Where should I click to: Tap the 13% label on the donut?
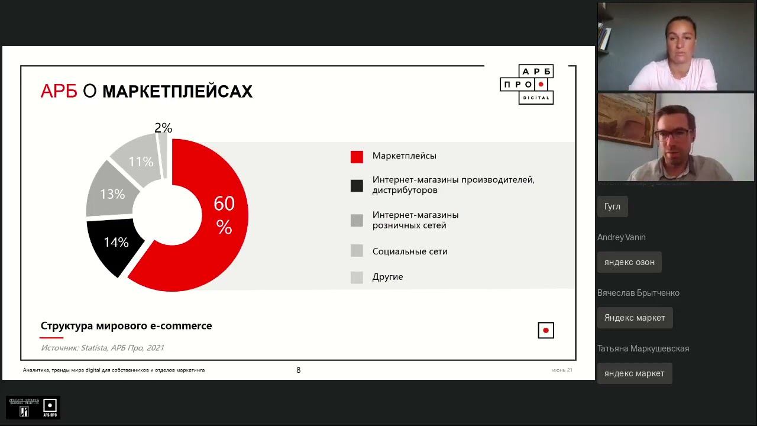click(x=112, y=194)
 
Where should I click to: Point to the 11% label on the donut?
click(x=141, y=162)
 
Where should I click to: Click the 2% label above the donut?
click(x=163, y=128)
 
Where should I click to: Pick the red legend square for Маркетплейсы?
click(x=357, y=157)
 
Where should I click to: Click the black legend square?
click(x=357, y=186)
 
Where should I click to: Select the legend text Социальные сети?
click(x=410, y=251)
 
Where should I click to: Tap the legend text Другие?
click(x=387, y=277)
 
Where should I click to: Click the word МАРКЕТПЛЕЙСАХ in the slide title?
click(x=177, y=92)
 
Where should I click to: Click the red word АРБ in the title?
click(x=59, y=92)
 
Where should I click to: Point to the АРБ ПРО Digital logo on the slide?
click(x=527, y=85)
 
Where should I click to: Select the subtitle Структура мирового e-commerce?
click(x=126, y=326)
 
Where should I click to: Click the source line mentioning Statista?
click(x=102, y=348)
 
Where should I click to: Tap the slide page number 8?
click(x=298, y=370)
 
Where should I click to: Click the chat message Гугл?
click(x=612, y=206)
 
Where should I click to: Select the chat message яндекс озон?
click(x=629, y=262)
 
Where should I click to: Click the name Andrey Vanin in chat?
click(x=622, y=237)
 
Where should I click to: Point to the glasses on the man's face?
click(x=672, y=134)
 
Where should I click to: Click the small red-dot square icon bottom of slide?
click(x=546, y=331)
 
